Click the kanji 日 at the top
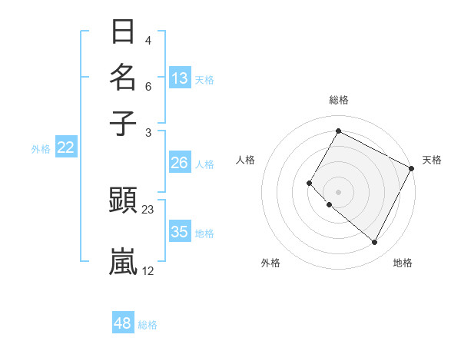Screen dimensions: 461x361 point(124,32)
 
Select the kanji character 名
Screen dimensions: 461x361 point(124,78)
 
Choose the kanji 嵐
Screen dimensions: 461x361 point(124,261)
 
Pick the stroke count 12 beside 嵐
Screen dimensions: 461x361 point(148,270)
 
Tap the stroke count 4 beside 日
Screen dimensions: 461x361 point(148,41)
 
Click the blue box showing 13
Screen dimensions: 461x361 point(180,78)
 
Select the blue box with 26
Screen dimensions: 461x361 point(179,163)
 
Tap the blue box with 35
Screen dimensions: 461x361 point(179,231)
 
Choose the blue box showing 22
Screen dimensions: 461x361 point(65,147)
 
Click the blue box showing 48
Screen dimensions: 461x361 point(123,323)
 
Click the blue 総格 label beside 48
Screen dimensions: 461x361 point(148,325)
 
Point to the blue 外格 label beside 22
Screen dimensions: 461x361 point(41,149)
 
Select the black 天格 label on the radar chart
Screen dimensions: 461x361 point(432,160)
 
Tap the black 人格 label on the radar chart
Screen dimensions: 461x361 point(245,160)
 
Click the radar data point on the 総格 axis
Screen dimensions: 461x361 point(338,131)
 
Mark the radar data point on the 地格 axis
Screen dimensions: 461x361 point(375,243)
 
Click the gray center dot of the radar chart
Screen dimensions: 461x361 point(338,191)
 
